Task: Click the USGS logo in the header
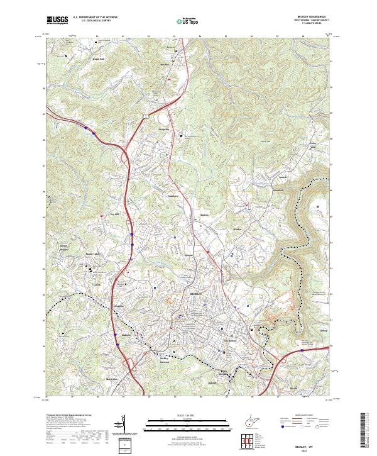click(58, 21)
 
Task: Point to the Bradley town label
click(166, 64)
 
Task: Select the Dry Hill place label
click(114, 213)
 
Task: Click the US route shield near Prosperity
click(144, 116)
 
